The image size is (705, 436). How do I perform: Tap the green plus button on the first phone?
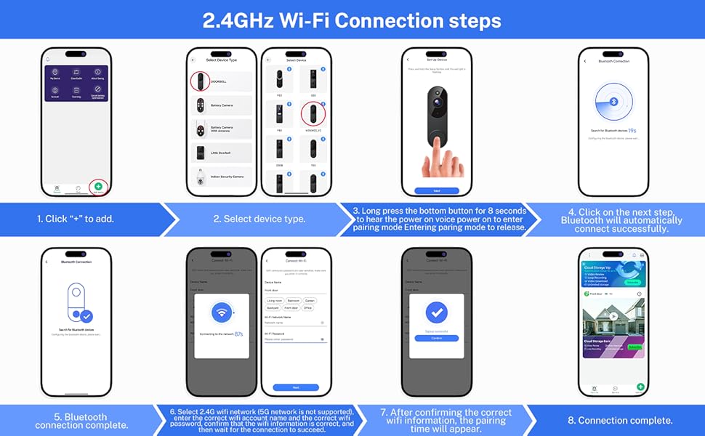pyautogui.click(x=98, y=187)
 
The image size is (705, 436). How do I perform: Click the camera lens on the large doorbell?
pyautogui.click(x=439, y=101)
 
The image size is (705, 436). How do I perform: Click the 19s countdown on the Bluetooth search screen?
pyautogui.click(x=634, y=129)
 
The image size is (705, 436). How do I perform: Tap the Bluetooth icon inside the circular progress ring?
pyautogui.click(x=612, y=103)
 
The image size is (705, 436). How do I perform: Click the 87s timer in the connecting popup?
pyautogui.click(x=239, y=334)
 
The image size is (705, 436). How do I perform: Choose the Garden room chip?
pyautogui.click(x=310, y=299)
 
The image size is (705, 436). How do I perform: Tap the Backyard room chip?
pyautogui.click(x=273, y=307)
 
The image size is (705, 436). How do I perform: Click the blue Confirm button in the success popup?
pyautogui.click(x=437, y=338)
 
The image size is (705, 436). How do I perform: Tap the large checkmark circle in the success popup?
pyautogui.click(x=437, y=312)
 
